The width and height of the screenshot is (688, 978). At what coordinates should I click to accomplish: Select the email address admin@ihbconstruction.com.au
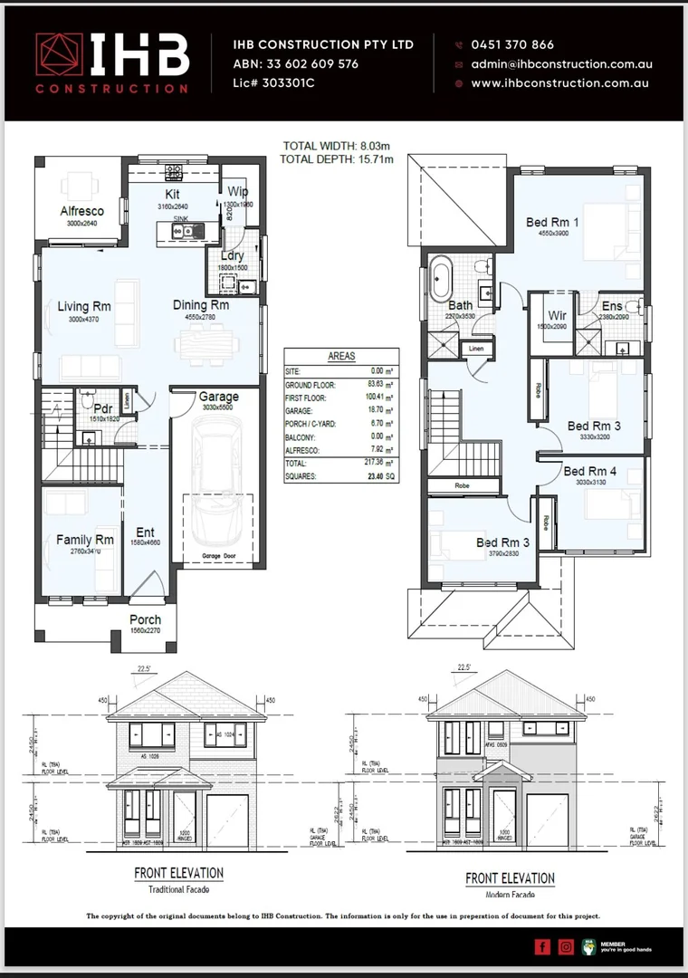tap(561, 64)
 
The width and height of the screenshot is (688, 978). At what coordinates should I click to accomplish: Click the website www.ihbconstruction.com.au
tap(561, 83)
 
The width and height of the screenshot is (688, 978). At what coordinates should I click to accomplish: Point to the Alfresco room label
tap(82, 211)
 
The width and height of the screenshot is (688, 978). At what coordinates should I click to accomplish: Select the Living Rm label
tap(84, 306)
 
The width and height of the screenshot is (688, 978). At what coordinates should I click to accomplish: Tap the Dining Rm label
tap(201, 305)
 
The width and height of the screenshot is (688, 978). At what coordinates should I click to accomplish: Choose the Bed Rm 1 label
tap(553, 221)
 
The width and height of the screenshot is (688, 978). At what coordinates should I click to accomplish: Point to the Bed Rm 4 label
tap(590, 471)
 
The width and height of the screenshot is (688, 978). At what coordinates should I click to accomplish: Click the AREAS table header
tap(340, 357)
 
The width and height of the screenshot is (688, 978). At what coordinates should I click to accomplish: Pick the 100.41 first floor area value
tap(369, 397)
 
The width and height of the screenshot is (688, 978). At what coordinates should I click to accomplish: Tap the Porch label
tap(145, 620)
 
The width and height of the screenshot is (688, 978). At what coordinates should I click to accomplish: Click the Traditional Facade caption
tap(178, 890)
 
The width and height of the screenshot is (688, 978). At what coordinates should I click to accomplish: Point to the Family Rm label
tap(84, 540)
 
